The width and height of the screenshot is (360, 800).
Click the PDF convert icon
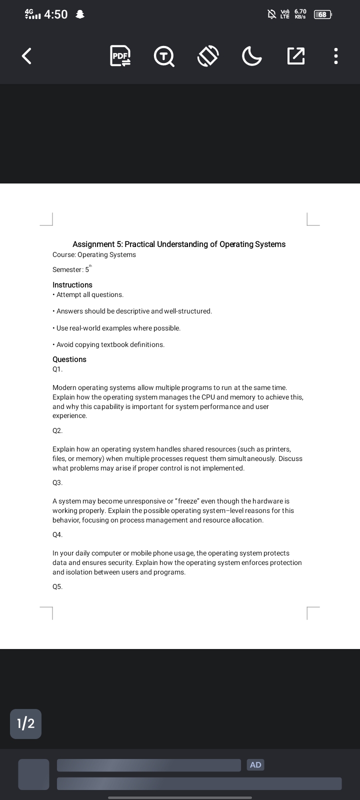pyautogui.click(x=120, y=56)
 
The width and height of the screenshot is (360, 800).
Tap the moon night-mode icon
pyautogui.click(x=251, y=56)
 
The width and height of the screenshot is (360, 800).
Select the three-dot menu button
pyautogui.click(x=336, y=56)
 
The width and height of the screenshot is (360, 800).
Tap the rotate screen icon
pyautogui.click(x=208, y=56)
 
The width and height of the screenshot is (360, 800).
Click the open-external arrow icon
pyautogui.click(x=295, y=56)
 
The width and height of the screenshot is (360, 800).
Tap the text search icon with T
pyautogui.click(x=163, y=56)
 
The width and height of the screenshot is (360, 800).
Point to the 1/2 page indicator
pyautogui.click(x=25, y=723)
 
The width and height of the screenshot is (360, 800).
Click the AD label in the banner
pyautogui.click(x=255, y=764)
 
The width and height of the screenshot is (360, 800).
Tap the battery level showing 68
pyautogui.click(x=322, y=14)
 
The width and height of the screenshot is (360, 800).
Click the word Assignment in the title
pyautogui.click(x=93, y=244)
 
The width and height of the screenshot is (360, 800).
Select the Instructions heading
pyautogui.click(x=72, y=284)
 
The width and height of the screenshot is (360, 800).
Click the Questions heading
pyautogui.click(x=69, y=359)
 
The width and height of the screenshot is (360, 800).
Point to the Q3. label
pyautogui.click(x=57, y=482)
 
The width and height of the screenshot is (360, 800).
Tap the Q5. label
pyautogui.click(x=57, y=586)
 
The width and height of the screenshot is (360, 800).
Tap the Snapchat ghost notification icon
pyautogui.click(x=79, y=15)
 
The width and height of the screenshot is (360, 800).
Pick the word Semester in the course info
pyautogui.click(x=67, y=270)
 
